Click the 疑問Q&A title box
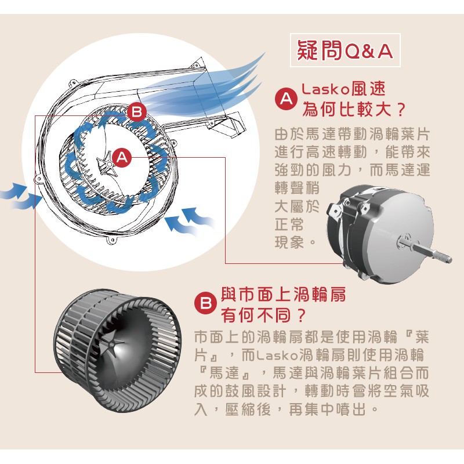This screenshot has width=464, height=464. pyautogui.click(x=345, y=50)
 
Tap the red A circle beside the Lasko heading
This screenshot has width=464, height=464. pyautogui.click(x=286, y=99)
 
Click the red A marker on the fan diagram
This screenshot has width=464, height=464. pyautogui.click(x=122, y=157)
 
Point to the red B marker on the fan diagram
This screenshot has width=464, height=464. pyautogui.click(x=137, y=113)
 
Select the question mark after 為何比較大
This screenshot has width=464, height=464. pyautogui.click(x=400, y=110)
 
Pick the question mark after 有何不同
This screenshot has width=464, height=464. pyautogui.click(x=301, y=316)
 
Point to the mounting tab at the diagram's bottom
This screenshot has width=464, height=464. pyautogui.click(x=112, y=240)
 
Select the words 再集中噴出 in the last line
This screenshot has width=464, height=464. pyautogui.click(x=328, y=409)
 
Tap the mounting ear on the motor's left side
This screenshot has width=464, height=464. pyautogui.click(x=335, y=210)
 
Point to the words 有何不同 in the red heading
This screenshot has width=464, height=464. pyautogui.click(x=257, y=316)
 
